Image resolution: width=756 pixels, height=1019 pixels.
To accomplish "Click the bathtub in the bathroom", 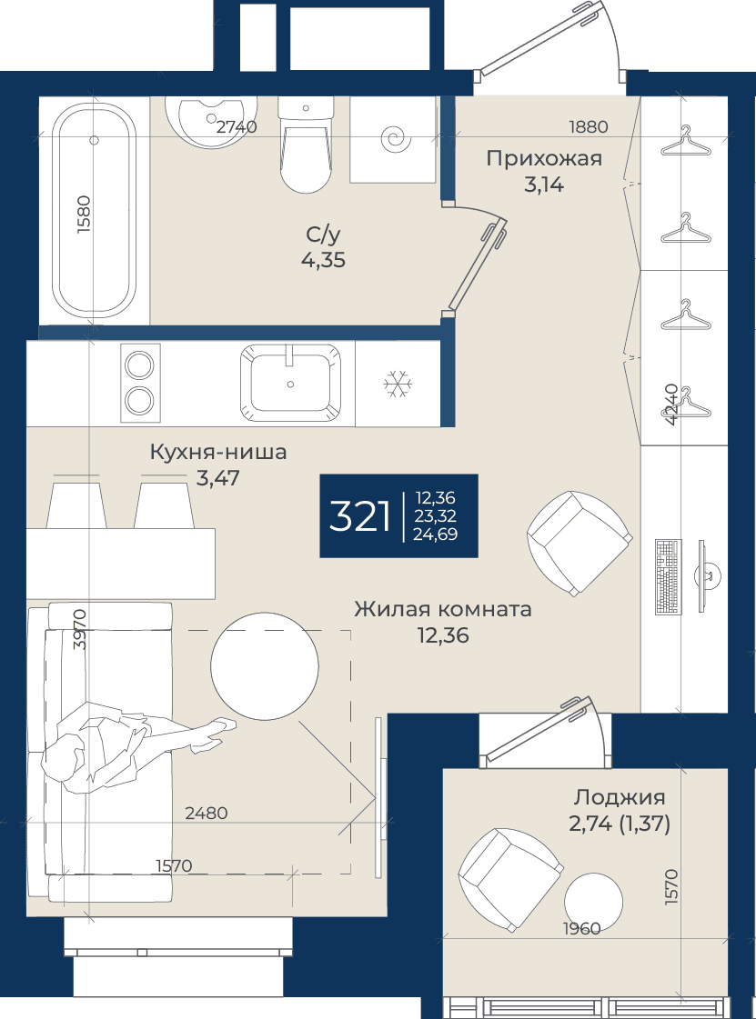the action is [x=95, y=211].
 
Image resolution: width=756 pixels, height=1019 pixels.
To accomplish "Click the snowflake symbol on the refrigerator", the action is [x=397, y=385].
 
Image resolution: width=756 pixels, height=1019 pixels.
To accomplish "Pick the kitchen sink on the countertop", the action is [x=291, y=384].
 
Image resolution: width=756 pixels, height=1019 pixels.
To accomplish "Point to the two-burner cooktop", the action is [x=140, y=384].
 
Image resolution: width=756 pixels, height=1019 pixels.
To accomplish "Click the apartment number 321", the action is [x=359, y=516].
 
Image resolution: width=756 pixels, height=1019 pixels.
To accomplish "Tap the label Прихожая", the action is [x=544, y=158].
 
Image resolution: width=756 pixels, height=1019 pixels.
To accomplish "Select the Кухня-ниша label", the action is [x=218, y=452].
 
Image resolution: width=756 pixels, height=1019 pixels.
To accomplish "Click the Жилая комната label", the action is [x=443, y=610].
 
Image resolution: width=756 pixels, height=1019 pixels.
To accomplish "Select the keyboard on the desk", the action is [x=668, y=576].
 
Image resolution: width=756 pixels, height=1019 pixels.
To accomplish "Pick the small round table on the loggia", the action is [x=593, y=902].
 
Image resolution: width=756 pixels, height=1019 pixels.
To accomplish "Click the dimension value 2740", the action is [x=237, y=127].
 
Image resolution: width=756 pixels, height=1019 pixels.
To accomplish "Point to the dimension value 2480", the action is [x=207, y=813].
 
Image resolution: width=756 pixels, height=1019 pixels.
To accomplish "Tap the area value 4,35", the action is [x=323, y=261].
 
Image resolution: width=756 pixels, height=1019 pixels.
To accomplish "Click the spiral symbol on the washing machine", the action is [x=397, y=138].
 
